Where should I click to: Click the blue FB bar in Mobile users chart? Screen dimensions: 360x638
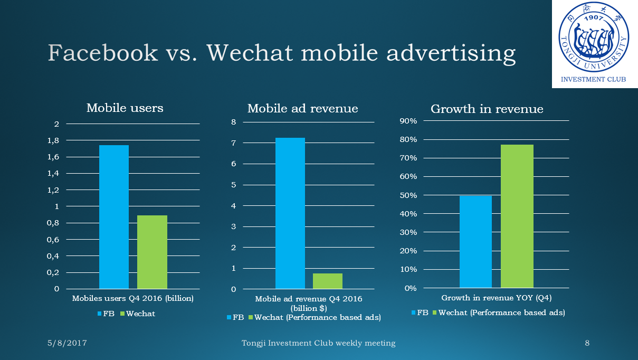[x=113, y=216]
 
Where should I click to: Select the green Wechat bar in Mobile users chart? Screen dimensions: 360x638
[x=152, y=252]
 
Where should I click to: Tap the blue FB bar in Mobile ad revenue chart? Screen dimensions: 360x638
[x=290, y=213]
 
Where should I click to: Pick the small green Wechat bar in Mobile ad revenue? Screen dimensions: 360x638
[x=327, y=281]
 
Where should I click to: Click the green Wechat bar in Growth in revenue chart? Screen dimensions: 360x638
[x=517, y=216]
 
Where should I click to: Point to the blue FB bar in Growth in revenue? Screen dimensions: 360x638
[x=475, y=241]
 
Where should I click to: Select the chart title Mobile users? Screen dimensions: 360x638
[x=125, y=108]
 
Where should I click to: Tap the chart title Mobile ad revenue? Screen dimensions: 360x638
[x=302, y=109]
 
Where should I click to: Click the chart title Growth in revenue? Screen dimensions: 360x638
[x=487, y=109]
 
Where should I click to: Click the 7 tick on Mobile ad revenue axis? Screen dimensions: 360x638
[x=233, y=143]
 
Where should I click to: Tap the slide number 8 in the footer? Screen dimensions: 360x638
[x=587, y=343]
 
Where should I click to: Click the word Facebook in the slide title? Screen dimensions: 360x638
[x=103, y=53]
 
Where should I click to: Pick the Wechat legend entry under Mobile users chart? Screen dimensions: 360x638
[x=138, y=314]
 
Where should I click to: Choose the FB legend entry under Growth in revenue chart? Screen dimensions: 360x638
[x=420, y=312]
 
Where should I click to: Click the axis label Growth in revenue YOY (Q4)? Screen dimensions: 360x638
[x=496, y=298]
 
